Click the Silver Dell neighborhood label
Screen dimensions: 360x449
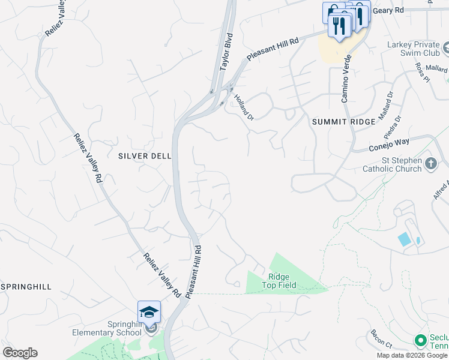point(145,155)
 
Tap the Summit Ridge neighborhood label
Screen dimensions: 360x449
point(343,121)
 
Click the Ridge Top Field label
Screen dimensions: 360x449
point(279,281)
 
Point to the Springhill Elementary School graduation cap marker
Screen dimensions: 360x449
point(149,312)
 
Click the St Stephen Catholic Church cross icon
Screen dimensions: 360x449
point(430,164)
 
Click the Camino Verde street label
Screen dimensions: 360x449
point(346,79)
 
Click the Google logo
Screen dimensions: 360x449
point(20,353)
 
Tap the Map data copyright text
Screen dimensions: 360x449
point(412,355)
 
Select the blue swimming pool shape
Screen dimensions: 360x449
point(405,239)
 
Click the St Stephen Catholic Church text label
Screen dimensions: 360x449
point(392,164)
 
